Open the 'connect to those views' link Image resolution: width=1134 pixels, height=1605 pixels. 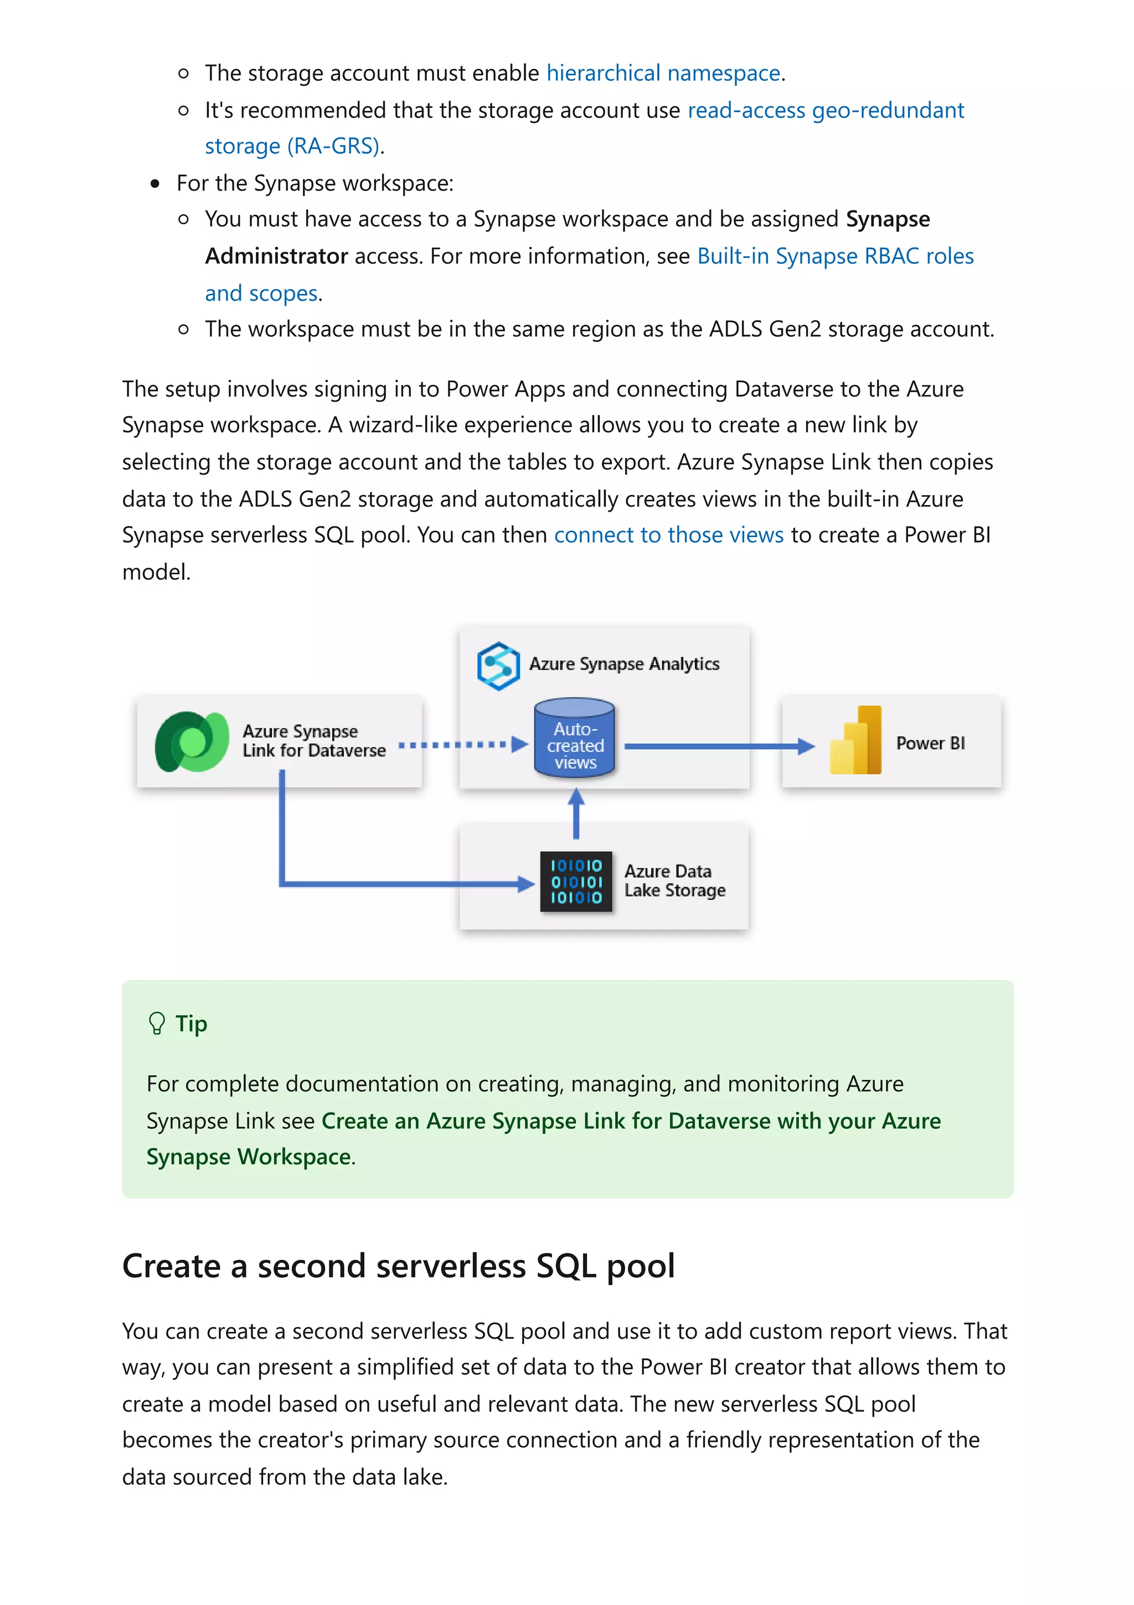click(669, 535)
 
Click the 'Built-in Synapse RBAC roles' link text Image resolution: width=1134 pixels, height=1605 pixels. click(835, 256)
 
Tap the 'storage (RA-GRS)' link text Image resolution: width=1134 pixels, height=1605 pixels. click(292, 146)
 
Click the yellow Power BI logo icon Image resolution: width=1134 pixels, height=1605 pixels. click(856, 742)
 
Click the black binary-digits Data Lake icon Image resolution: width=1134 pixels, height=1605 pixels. click(576, 882)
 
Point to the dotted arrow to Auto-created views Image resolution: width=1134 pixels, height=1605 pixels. click(461, 744)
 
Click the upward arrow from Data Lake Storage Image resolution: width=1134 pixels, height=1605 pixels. click(576, 812)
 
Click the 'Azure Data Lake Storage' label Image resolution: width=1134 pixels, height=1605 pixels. click(674, 881)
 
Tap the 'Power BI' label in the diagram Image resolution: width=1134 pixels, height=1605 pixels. click(930, 743)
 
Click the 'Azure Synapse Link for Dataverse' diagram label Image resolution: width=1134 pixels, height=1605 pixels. click(314, 741)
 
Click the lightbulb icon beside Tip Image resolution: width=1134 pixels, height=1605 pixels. click(157, 1023)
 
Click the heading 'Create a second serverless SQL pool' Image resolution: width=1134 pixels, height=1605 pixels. click(398, 1266)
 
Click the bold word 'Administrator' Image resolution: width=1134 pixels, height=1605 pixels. click(277, 256)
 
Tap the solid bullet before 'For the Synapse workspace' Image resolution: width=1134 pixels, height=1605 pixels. click(155, 184)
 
